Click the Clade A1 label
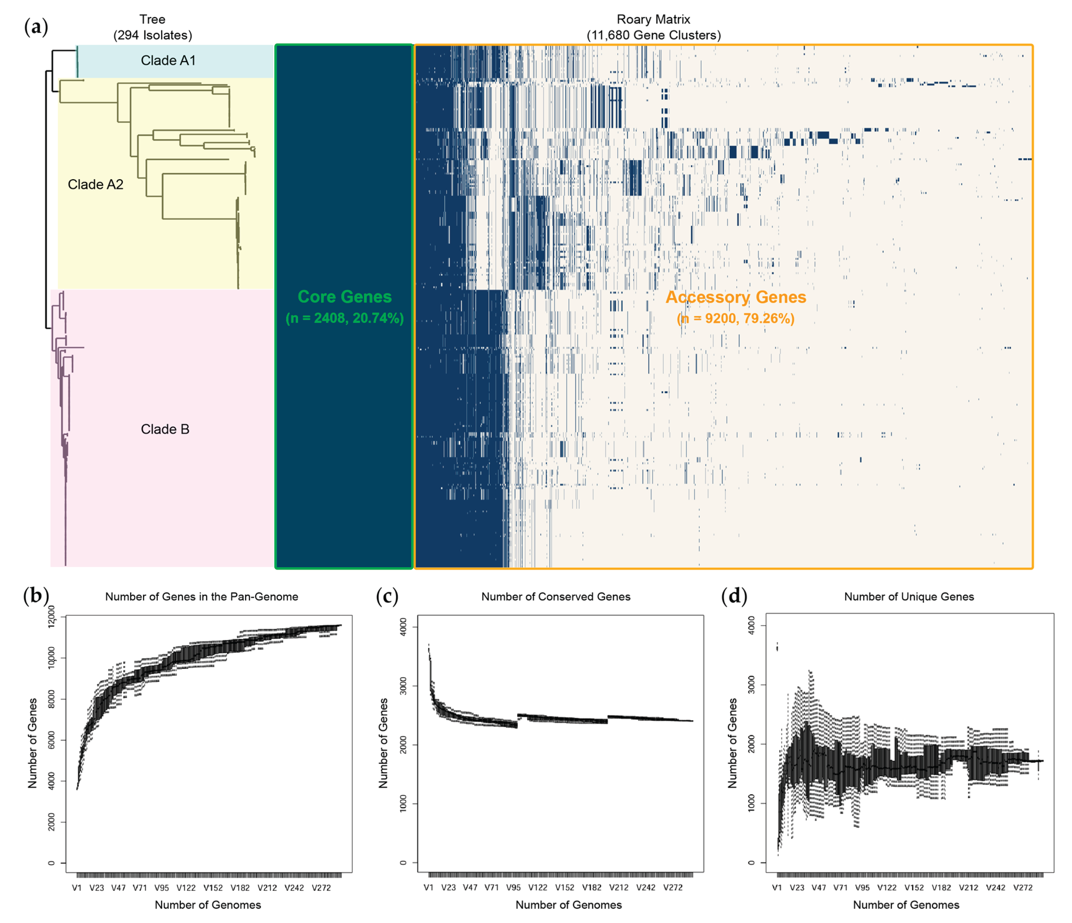(x=168, y=61)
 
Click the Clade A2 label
(x=96, y=184)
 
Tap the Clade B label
(x=165, y=429)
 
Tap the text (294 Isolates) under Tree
(x=153, y=35)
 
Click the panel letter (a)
(x=36, y=27)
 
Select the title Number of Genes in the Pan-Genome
(x=202, y=596)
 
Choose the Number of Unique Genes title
(x=909, y=596)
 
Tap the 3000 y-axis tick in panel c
(x=403, y=686)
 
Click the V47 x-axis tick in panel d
(x=819, y=887)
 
